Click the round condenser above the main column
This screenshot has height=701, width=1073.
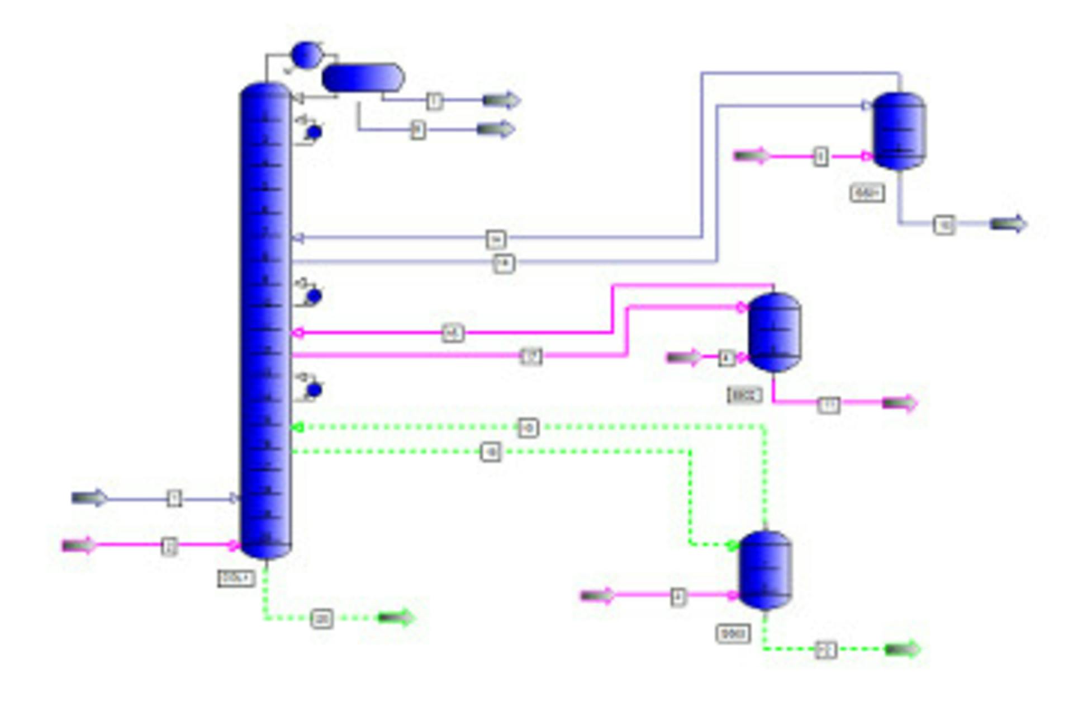point(307,55)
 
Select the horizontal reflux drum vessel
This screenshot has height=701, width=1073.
point(363,78)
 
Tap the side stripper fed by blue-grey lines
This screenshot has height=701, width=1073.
point(899,131)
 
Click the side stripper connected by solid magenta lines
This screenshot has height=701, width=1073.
point(774,332)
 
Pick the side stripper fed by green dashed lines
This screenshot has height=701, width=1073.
point(765,570)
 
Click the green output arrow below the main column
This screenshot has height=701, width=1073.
point(396,618)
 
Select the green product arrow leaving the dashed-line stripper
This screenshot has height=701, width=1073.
point(903,649)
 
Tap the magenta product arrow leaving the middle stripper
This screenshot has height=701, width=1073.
point(900,403)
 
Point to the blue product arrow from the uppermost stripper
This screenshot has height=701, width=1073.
point(1008,224)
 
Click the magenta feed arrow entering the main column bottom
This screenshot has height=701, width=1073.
point(78,545)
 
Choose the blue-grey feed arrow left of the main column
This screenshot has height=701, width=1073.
point(89,498)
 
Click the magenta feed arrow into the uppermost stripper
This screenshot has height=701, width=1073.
point(751,156)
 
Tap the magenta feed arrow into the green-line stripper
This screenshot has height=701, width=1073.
point(597,596)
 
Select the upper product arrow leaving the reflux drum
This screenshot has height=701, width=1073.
point(501,100)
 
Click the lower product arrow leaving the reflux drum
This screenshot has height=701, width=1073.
point(496,129)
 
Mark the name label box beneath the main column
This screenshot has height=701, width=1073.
point(236,578)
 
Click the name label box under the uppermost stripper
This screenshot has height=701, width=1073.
point(867,193)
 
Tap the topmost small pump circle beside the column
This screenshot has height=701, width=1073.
point(314,133)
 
